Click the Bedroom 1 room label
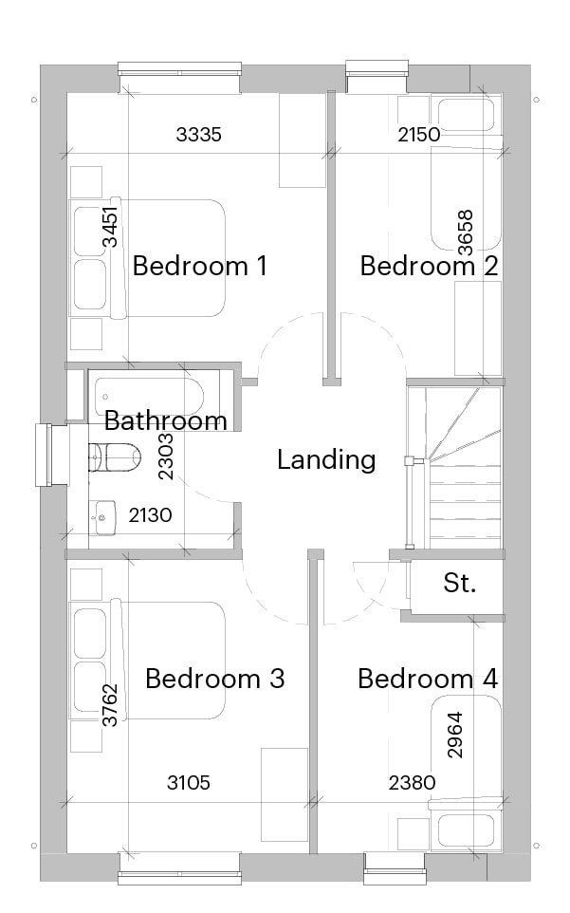[x=199, y=266]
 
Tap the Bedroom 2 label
[x=430, y=266]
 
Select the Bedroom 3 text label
[x=214, y=679]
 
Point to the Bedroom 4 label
[x=428, y=679]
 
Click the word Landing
[x=326, y=459]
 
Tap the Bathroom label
[x=166, y=420]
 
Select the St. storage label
[x=459, y=583]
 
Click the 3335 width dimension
[x=199, y=135]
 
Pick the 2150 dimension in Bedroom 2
[x=419, y=135]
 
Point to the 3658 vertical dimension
[x=466, y=233]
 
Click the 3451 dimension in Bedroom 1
[x=110, y=227]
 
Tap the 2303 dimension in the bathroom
[x=166, y=456]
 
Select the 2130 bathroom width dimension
[x=150, y=515]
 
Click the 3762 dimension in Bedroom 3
[x=110, y=705]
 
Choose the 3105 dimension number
[x=189, y=783]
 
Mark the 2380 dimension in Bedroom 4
[x=412, y=783]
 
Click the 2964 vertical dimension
[x=455, y=735]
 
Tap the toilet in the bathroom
[x=115, y=457]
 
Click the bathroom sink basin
[x=102, y=517]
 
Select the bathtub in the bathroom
[x=149, y=397]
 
